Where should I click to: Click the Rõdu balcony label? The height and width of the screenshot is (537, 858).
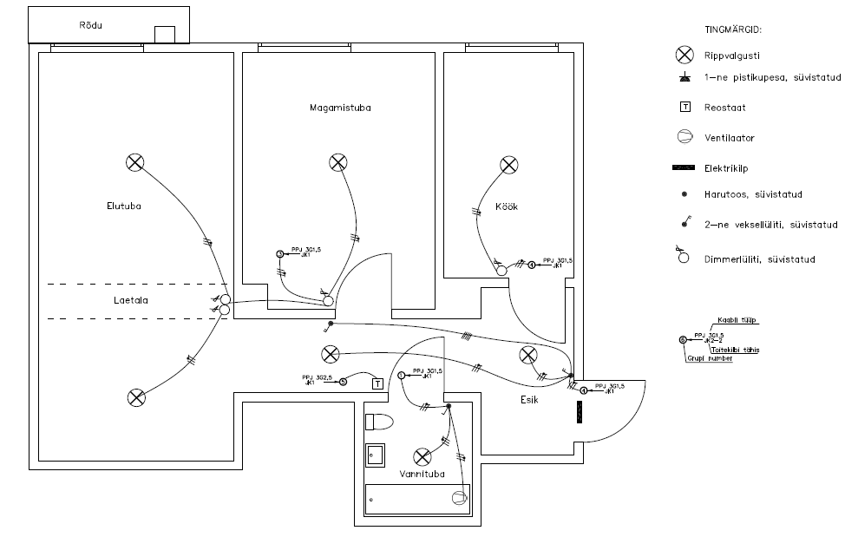(91, 25)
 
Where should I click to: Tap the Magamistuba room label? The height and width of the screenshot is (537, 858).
(340, 108)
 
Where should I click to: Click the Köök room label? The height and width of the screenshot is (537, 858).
(507, 206)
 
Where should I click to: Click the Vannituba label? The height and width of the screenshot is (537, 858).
(422, 475)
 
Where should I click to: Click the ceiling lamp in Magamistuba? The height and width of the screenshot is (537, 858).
(338, 162)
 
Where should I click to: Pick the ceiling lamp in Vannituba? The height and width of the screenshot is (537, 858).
(422, 456)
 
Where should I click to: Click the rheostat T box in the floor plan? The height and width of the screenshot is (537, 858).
(377, 383)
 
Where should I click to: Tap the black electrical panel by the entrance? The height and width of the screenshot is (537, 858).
(579, 412)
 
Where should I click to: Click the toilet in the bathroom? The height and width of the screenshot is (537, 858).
(379, 422)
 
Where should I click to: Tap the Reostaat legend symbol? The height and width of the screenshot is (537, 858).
(685, 108)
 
